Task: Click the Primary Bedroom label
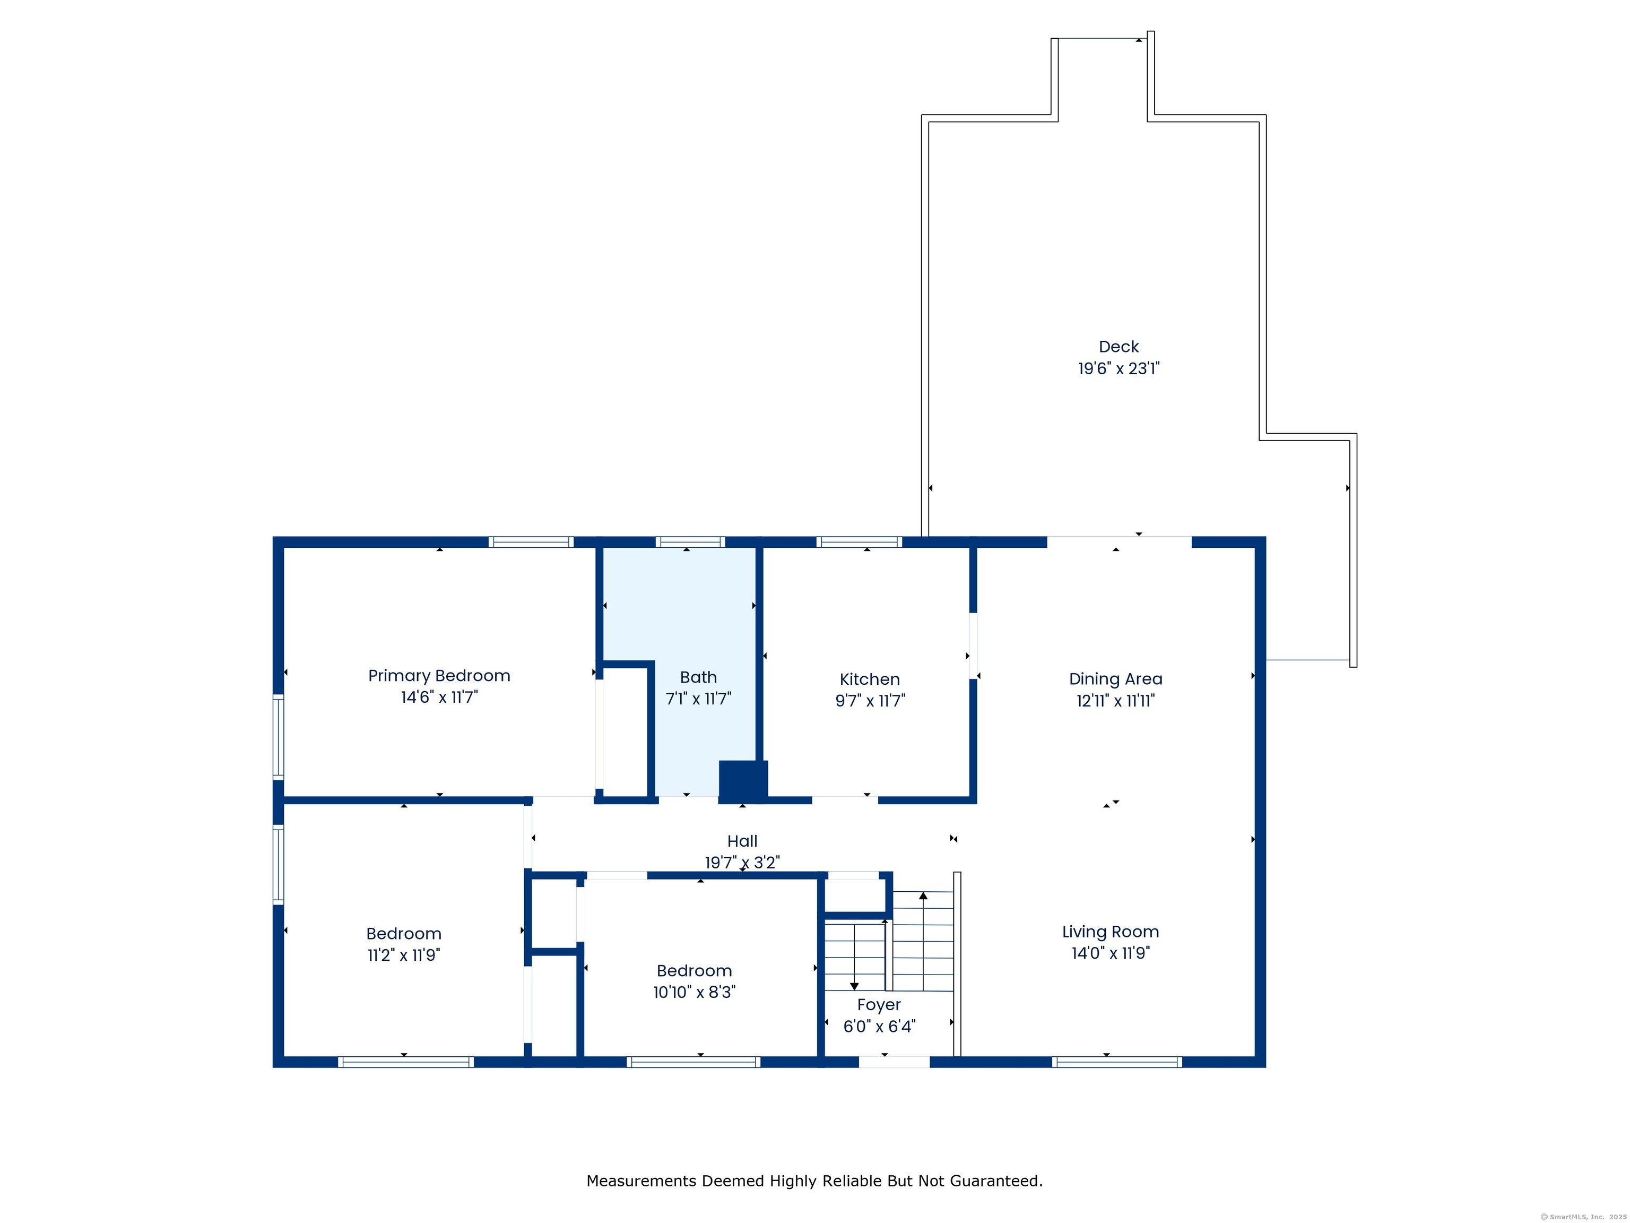click(x=439, y=676)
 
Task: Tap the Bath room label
click(x=698, y=677)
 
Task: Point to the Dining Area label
click(x=1116, y=679)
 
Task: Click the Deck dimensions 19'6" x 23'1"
click(x=1119, y=368)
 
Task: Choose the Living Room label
click(x=1111, y=932)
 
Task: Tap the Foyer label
click(x=879, y=1005)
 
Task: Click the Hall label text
click(x=742, y=841)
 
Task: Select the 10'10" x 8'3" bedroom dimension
click(x=694, y=992)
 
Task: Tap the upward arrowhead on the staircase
click(x=923, y=895)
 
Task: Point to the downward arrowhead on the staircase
click(x=854, y=986)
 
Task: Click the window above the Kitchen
click(x=859, y=542)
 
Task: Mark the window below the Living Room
click(x=1117, y=1062)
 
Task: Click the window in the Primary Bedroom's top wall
click(x=531, y=542)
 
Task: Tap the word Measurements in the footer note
click(x=641, y=1181)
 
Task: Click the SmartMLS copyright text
click(x=1584, y=1217)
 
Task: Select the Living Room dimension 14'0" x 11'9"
click(x=1111, y=953)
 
